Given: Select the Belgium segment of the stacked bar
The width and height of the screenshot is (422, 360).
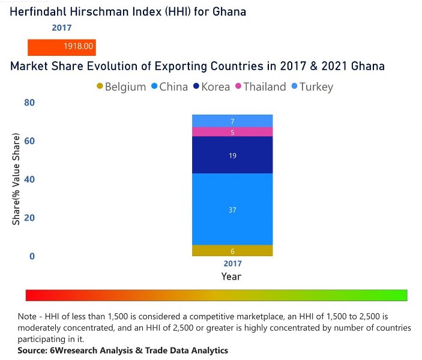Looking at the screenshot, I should point(232,251).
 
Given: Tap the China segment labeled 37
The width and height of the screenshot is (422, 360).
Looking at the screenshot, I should point(232,209).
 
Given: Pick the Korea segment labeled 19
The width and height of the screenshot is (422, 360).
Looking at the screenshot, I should point(232,155).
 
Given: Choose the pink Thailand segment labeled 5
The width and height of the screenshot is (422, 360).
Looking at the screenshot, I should point(232,132).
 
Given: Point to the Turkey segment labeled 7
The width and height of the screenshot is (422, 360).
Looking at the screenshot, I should point(232,121).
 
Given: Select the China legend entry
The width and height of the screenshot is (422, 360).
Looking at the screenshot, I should point(169,87).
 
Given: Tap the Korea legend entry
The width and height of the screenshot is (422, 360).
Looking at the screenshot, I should point(211,87).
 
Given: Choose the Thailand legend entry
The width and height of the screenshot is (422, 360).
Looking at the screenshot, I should point(260,87).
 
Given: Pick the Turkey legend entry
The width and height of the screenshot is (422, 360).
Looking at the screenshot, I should point(312,87).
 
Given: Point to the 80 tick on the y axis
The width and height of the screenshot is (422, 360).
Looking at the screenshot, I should point(29,103).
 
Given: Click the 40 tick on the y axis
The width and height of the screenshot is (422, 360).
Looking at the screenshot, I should point(29,179).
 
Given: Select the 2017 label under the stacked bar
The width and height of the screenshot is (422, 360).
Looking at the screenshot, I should point(232,264).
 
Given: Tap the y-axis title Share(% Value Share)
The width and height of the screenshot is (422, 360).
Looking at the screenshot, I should point(17,179).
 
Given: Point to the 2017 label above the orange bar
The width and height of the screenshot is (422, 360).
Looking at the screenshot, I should point(61,28).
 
